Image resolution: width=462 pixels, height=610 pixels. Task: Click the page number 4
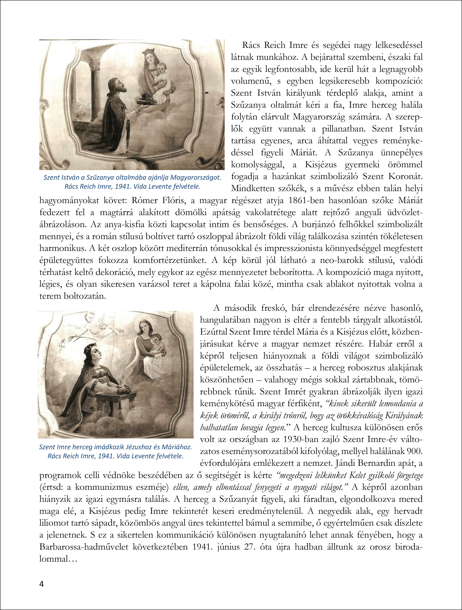click(42, 584)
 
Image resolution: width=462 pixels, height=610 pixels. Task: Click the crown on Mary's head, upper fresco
click(149, 52)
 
